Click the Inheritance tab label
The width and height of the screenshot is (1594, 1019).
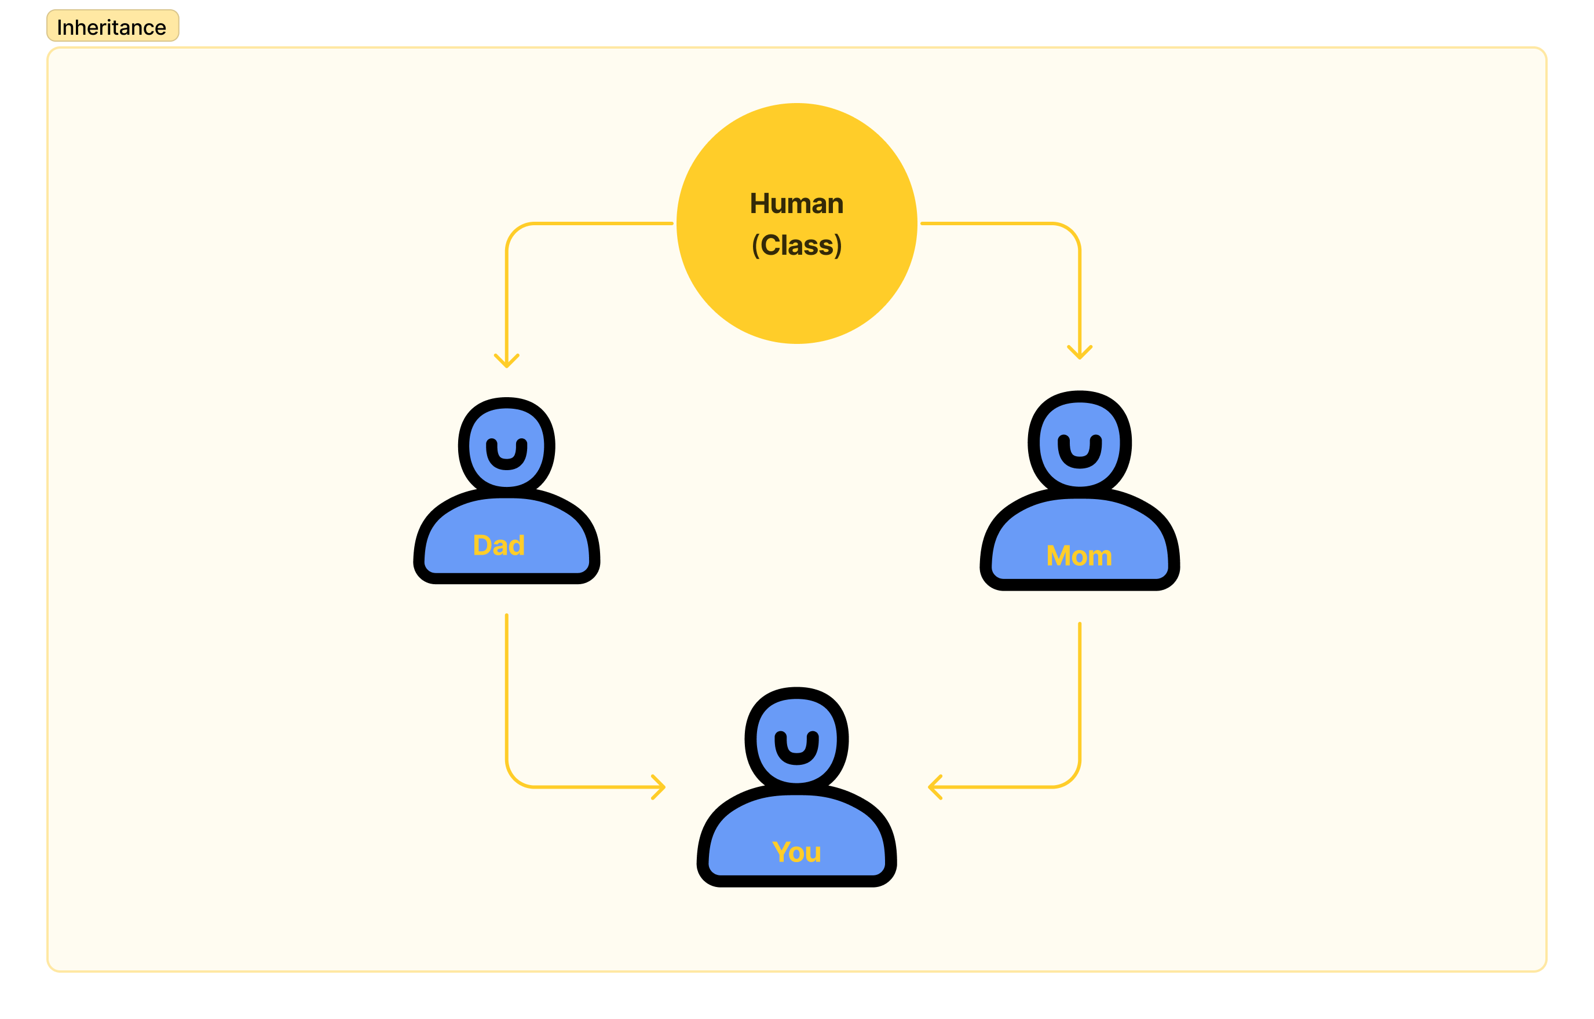tap(112, 27)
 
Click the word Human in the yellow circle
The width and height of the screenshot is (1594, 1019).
tap(796, 204)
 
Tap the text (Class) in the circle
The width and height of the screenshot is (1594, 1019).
tap(796, 245)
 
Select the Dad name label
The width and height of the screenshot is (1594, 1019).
tap(499, 545)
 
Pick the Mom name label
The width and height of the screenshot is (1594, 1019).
tap(1079, 556)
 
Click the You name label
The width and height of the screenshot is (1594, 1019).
tap(796, 852)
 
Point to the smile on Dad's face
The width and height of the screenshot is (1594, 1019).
tap(506, 455)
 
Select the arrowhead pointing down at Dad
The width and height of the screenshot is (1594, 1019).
tap(506, 361)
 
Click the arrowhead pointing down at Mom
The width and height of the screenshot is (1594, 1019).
tap(1080, 353)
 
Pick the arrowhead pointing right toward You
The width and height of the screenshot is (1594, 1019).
tap(659, 787)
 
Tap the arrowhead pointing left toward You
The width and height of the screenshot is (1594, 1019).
tap(935, 787)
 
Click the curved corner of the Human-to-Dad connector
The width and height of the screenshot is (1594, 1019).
tap(514, 232)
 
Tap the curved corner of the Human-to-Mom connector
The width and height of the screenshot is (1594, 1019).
tap(1072, 232)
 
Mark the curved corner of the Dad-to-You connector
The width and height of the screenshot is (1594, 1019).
tap(514, 779)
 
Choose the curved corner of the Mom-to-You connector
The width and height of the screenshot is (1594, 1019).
tap(1072, 779)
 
